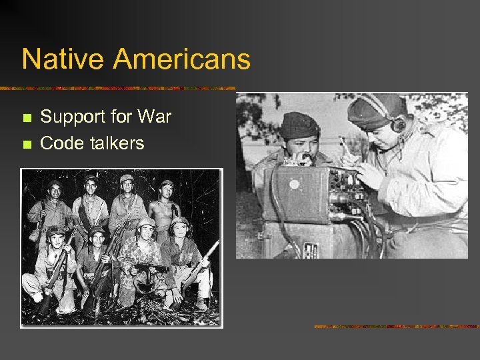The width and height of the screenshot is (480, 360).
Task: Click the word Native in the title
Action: click(x=63, y=59)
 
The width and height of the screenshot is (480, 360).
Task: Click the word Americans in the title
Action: click(x=182, y=59)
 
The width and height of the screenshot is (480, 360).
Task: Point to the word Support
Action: click(x=75, y=118)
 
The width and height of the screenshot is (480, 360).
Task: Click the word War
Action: click(x=155, y=117)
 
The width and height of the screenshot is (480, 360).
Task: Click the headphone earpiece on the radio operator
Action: click(x=399, y=125)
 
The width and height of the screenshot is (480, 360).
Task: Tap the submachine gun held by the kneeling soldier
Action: click(x=148, y=268)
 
